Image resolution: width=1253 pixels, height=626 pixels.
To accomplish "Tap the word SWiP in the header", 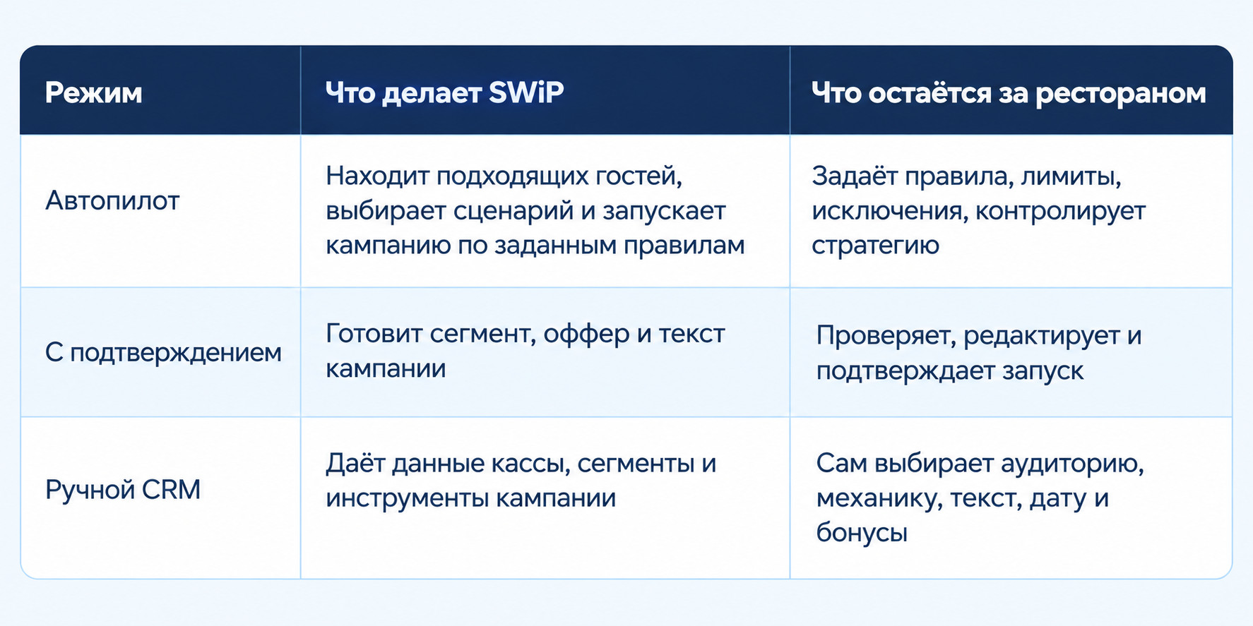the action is pyautogui.click(x=526, y=92).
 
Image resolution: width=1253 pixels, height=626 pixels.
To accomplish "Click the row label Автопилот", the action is pyautogui.click(x=112, y=201).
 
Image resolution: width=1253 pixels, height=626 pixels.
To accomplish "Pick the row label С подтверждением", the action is pyautogui.click(x=163, y=352).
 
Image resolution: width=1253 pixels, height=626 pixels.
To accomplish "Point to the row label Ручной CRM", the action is pyautogui.click(x=123, y=489).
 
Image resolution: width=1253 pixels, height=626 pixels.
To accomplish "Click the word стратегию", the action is pyautogui.click(x=875, y=246).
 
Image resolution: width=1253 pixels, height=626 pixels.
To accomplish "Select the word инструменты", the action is pyautogui.click(x=406, y=498).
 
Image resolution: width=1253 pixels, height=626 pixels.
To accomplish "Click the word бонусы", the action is pyautogui.click(x=862, y=532).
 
